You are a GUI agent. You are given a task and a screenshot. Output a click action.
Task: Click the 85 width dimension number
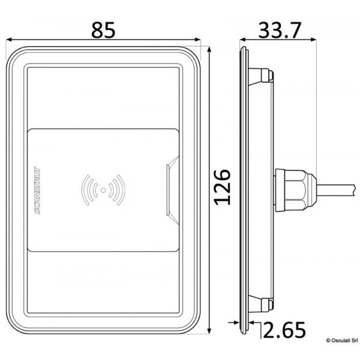click(x=107, y=28)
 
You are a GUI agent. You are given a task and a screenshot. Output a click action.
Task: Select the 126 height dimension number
click(x=223, y=187)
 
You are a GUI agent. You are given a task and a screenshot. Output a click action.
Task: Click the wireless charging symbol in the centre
click(x=104, y=190)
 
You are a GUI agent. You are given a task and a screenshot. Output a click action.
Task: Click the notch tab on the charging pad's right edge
click(x=173, y=190)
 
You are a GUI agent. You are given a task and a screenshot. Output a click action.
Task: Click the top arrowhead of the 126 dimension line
click(x=209, y=49)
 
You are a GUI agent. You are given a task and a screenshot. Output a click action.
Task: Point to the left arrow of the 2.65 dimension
click(x=235, y=324)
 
